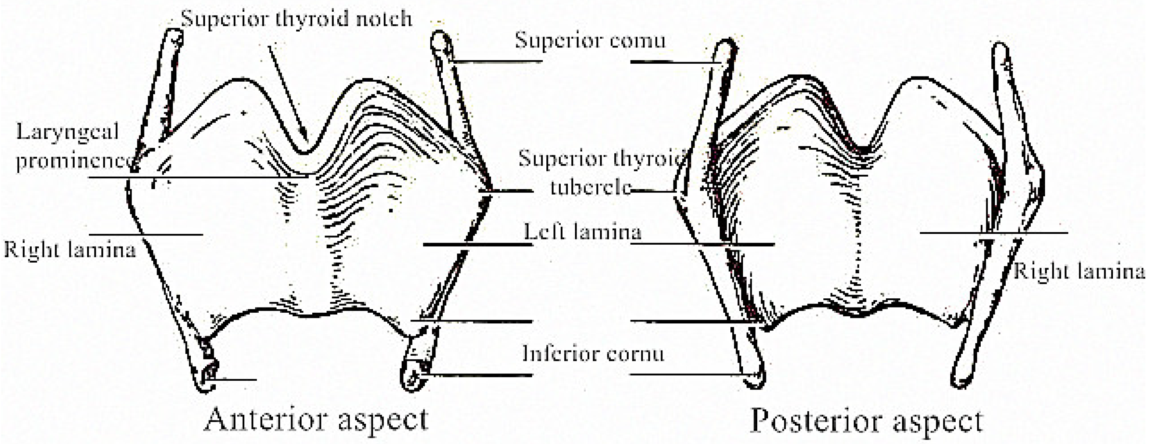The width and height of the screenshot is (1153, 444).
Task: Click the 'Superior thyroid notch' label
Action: (x=296, y=19)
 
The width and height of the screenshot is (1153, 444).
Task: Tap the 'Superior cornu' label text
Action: (x=590, y=40)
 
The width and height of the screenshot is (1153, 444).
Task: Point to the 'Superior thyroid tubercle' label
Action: (x=600, y=173)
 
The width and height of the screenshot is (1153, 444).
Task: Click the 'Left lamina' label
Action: (x=582, y=232)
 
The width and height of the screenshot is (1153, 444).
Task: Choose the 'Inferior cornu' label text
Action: (x=593, y=354)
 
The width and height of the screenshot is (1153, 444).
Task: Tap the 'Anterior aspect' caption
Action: (x=316, y=419)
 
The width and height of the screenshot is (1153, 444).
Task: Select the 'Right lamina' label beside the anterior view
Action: (x=69, y=249)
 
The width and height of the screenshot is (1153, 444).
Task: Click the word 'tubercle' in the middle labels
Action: (x=590, y=187)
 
